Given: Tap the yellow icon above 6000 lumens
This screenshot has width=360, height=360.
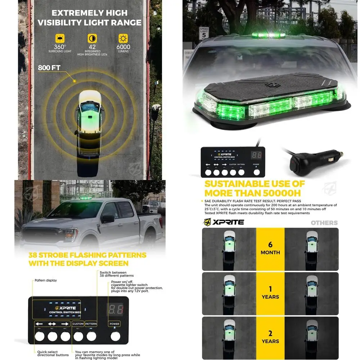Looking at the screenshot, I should coord(123,39).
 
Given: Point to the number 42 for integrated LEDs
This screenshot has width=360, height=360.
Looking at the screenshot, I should coord(92,47).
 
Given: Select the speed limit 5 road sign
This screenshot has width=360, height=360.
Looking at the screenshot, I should coord(204,33).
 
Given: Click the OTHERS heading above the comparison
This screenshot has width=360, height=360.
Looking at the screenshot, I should coord(324,223).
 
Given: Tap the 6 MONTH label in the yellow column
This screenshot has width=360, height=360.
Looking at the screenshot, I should coord(270,249).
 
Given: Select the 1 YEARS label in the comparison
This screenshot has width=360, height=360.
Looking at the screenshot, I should coord(270,293).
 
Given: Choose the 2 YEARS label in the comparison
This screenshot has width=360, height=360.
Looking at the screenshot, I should coord(270,337).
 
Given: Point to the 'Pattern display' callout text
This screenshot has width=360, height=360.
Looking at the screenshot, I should coord(46,280).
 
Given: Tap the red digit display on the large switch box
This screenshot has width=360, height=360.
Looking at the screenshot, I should coord(115,309).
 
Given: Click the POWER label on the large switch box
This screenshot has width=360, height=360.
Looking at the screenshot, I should coord(114,324).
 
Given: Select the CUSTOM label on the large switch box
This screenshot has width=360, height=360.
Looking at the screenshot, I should coord(78,324).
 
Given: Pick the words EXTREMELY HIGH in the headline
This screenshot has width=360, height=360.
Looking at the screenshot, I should coord(89,13).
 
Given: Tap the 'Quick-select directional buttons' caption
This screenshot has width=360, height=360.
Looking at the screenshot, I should coord(53,353).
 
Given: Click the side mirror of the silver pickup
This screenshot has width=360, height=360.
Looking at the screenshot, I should coord(108,219).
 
